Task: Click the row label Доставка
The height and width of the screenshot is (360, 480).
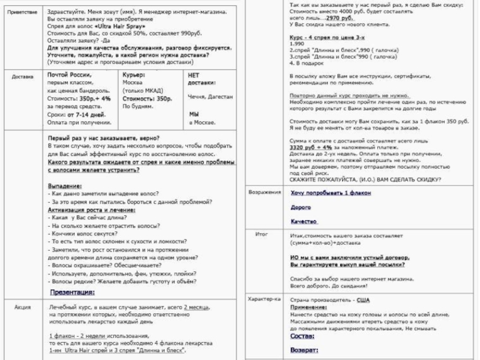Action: (x=23, y=77)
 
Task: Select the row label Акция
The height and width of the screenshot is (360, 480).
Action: (x=23, y=307)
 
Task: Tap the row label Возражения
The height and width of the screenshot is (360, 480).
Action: (x=265, y=193)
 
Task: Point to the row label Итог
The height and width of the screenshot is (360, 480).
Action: (x=262, y=235)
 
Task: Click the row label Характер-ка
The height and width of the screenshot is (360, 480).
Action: (x=265, y=299)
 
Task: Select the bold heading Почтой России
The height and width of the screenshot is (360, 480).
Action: (x=70, y=74)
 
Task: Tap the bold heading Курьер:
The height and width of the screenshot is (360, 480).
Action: (x=134, y=74)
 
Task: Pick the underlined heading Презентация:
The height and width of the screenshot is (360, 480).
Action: (x=72, y=292)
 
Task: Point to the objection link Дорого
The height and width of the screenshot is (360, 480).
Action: (x=301, y=207)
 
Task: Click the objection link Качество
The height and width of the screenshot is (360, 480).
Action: (x=304, y=221)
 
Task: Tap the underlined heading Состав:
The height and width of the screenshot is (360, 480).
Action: (x=304, y=337)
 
